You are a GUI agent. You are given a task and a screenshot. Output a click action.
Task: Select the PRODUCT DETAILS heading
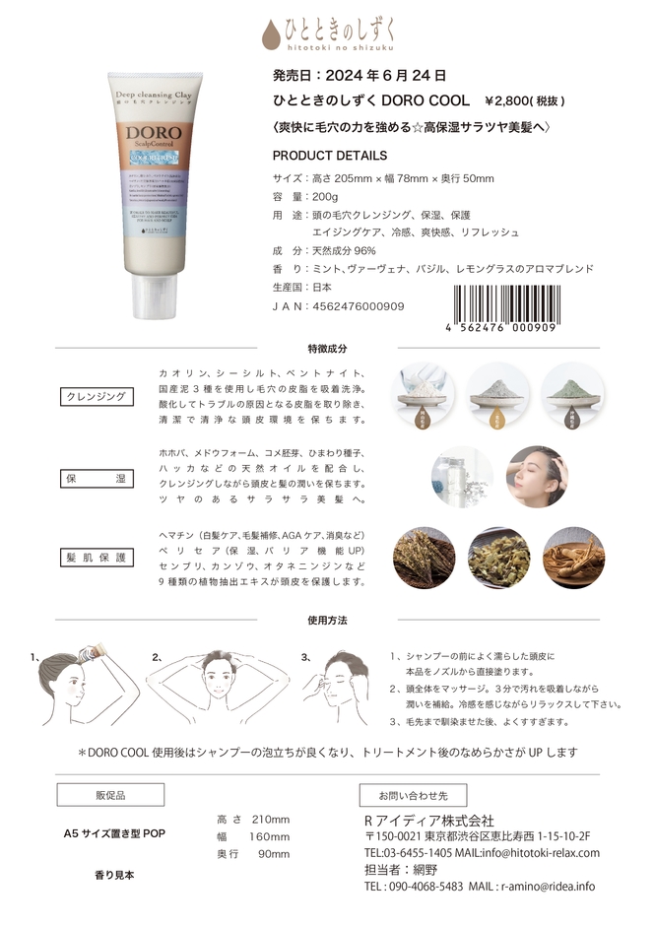click(x=329, y=156)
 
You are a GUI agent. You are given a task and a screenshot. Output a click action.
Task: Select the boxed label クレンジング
click(x=96, y=396)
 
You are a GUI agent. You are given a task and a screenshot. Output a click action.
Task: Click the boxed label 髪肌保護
click(x=96, y=557)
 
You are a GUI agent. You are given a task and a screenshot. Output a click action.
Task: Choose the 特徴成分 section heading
click(x=327, y=349)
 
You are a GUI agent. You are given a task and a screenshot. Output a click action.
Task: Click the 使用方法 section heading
click(x=327, y=621)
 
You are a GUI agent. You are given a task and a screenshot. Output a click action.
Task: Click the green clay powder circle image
click(x=572, y=395)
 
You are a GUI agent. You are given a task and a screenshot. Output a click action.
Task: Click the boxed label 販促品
click(x=109, y=794)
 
